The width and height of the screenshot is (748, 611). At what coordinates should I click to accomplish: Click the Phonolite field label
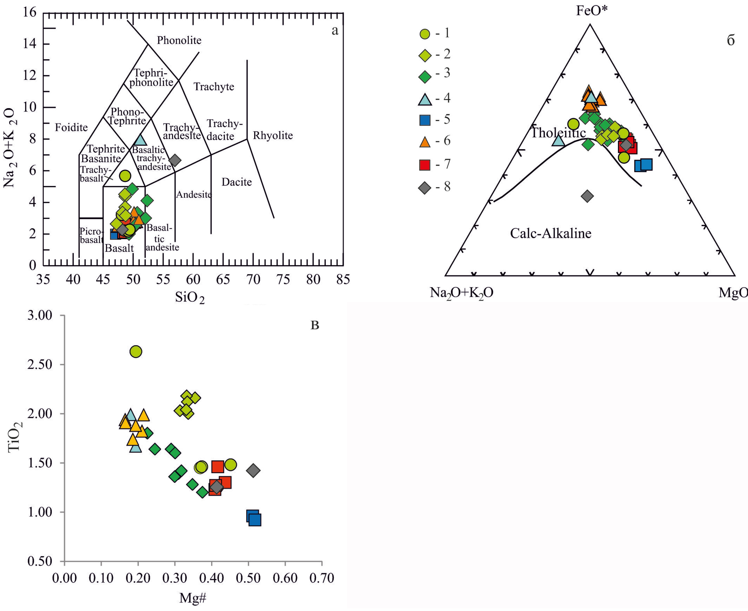tap(179, 40)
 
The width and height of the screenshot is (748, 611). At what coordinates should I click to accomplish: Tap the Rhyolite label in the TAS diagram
tap(273, 136)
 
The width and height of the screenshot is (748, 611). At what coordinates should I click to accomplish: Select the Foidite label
tap(71, 127)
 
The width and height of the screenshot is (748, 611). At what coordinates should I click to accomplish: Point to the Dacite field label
tap(237, 182)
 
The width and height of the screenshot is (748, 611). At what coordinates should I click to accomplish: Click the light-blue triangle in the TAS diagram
tap(140, 140)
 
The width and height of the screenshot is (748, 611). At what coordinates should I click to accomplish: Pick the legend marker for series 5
tap(425, 120)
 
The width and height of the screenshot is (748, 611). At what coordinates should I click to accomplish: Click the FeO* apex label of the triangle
tap(592, 11)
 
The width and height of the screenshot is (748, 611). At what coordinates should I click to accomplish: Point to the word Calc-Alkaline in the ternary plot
tap(550, 233)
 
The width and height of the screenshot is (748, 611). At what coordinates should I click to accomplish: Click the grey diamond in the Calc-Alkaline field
tap(587, 196)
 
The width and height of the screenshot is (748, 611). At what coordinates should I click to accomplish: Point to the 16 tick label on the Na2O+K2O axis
tap(30, 13)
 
